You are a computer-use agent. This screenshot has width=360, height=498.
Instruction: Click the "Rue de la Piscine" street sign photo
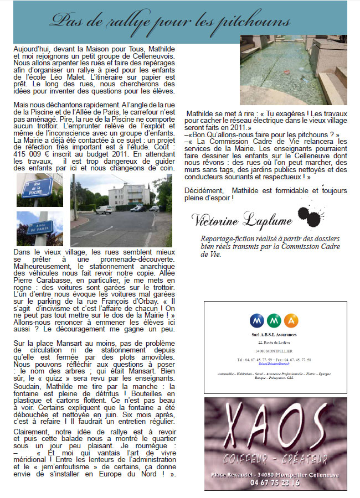coord(39,189)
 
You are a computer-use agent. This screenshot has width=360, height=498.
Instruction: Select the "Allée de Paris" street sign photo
coord(39,228)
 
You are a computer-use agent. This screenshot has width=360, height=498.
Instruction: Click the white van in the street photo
coord(104,209)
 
